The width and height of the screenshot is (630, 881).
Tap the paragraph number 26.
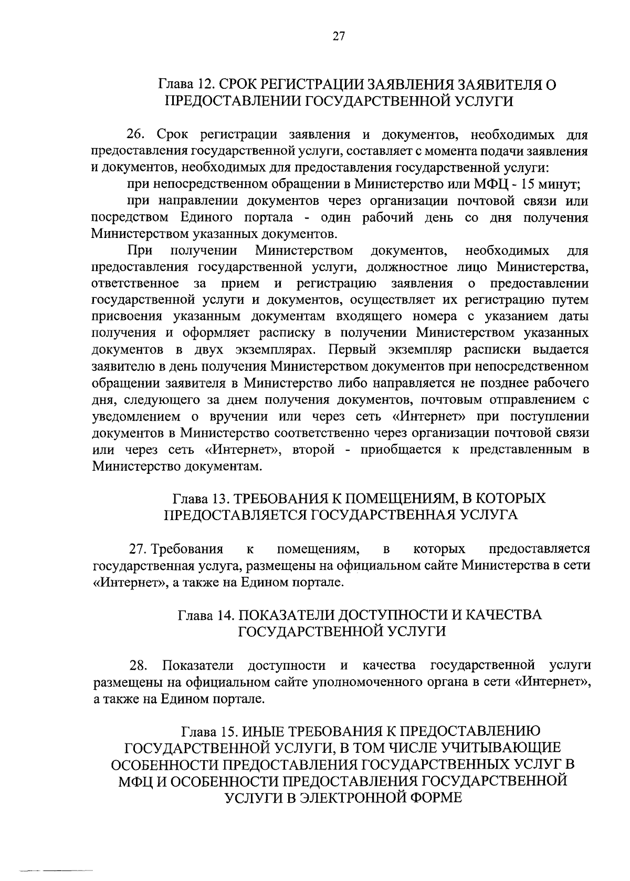(x=138, y=135)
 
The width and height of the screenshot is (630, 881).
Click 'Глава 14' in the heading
(x=204, y=615)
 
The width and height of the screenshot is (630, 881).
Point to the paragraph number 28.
(x=138, y=666)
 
